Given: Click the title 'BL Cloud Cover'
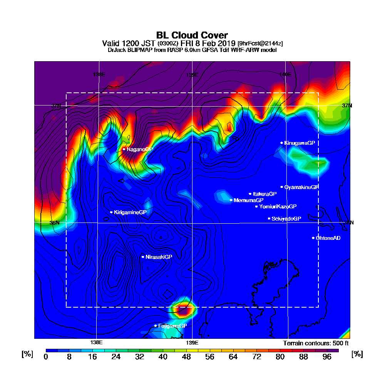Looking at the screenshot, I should pos(192,35).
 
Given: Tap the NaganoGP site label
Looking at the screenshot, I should pos(140,149).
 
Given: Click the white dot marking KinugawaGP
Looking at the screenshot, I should pos(282,143).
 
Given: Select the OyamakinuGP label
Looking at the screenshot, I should pos(301,187).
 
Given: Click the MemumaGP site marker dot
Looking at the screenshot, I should pos(231,200).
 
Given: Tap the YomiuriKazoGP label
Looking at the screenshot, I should pos(278,207).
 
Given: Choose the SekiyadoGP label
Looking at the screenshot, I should pos(286,219).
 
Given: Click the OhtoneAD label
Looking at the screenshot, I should pos(328,238).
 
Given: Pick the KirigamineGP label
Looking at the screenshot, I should pos(130,212).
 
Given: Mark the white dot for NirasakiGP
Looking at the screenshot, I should pos(143,257).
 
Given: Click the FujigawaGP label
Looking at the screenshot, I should pos(172,326).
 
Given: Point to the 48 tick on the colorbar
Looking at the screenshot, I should pos(186,357).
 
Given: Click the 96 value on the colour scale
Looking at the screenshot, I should pos(327,357).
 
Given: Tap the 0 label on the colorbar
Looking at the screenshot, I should pos(46,357).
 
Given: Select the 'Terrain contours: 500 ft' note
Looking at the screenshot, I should pos(316,343).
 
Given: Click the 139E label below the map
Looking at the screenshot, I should pos(192,343).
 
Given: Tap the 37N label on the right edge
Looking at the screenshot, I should pos(347,105).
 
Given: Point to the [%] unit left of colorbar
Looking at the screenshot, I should pos(27,354).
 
